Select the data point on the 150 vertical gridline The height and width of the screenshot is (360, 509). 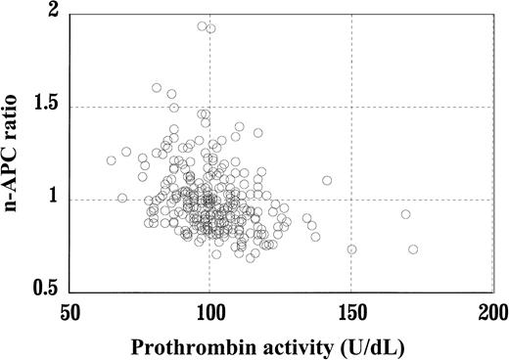351,249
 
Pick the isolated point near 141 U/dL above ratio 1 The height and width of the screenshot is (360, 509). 327,180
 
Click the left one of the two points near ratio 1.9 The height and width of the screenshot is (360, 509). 202,26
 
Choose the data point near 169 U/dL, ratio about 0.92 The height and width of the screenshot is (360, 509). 405,214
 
